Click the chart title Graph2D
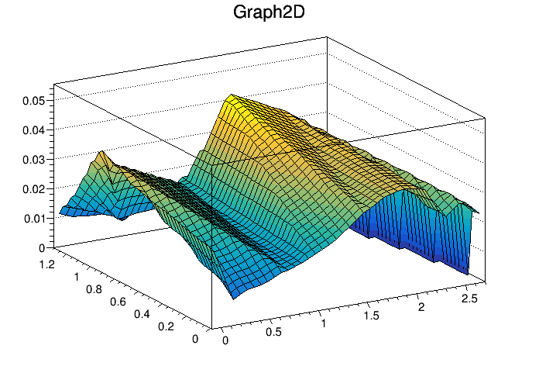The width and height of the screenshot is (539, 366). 269,13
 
